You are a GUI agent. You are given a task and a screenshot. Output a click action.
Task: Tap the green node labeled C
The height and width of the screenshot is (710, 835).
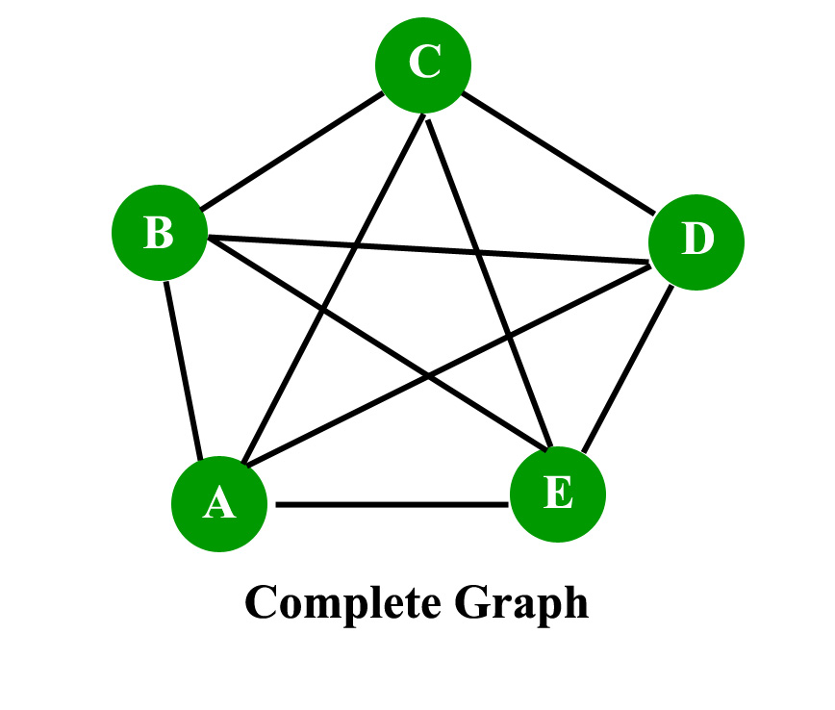[x=423, y=64]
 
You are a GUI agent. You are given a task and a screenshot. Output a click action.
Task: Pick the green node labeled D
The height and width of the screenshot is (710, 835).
[x=696, y=240]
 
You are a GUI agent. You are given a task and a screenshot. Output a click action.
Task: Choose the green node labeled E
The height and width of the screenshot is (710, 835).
[x=558, y=494]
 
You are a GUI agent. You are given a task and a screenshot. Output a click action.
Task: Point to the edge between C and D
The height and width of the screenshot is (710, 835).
[x=558, y=150]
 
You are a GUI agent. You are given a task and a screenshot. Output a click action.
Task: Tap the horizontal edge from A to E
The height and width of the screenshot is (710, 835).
[x=392, y=504]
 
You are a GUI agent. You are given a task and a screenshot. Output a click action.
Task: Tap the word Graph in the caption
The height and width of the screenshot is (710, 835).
[x=520, y=604]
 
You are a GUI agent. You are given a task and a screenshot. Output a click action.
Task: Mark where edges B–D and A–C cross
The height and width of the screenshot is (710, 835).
[x=355, y=243]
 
